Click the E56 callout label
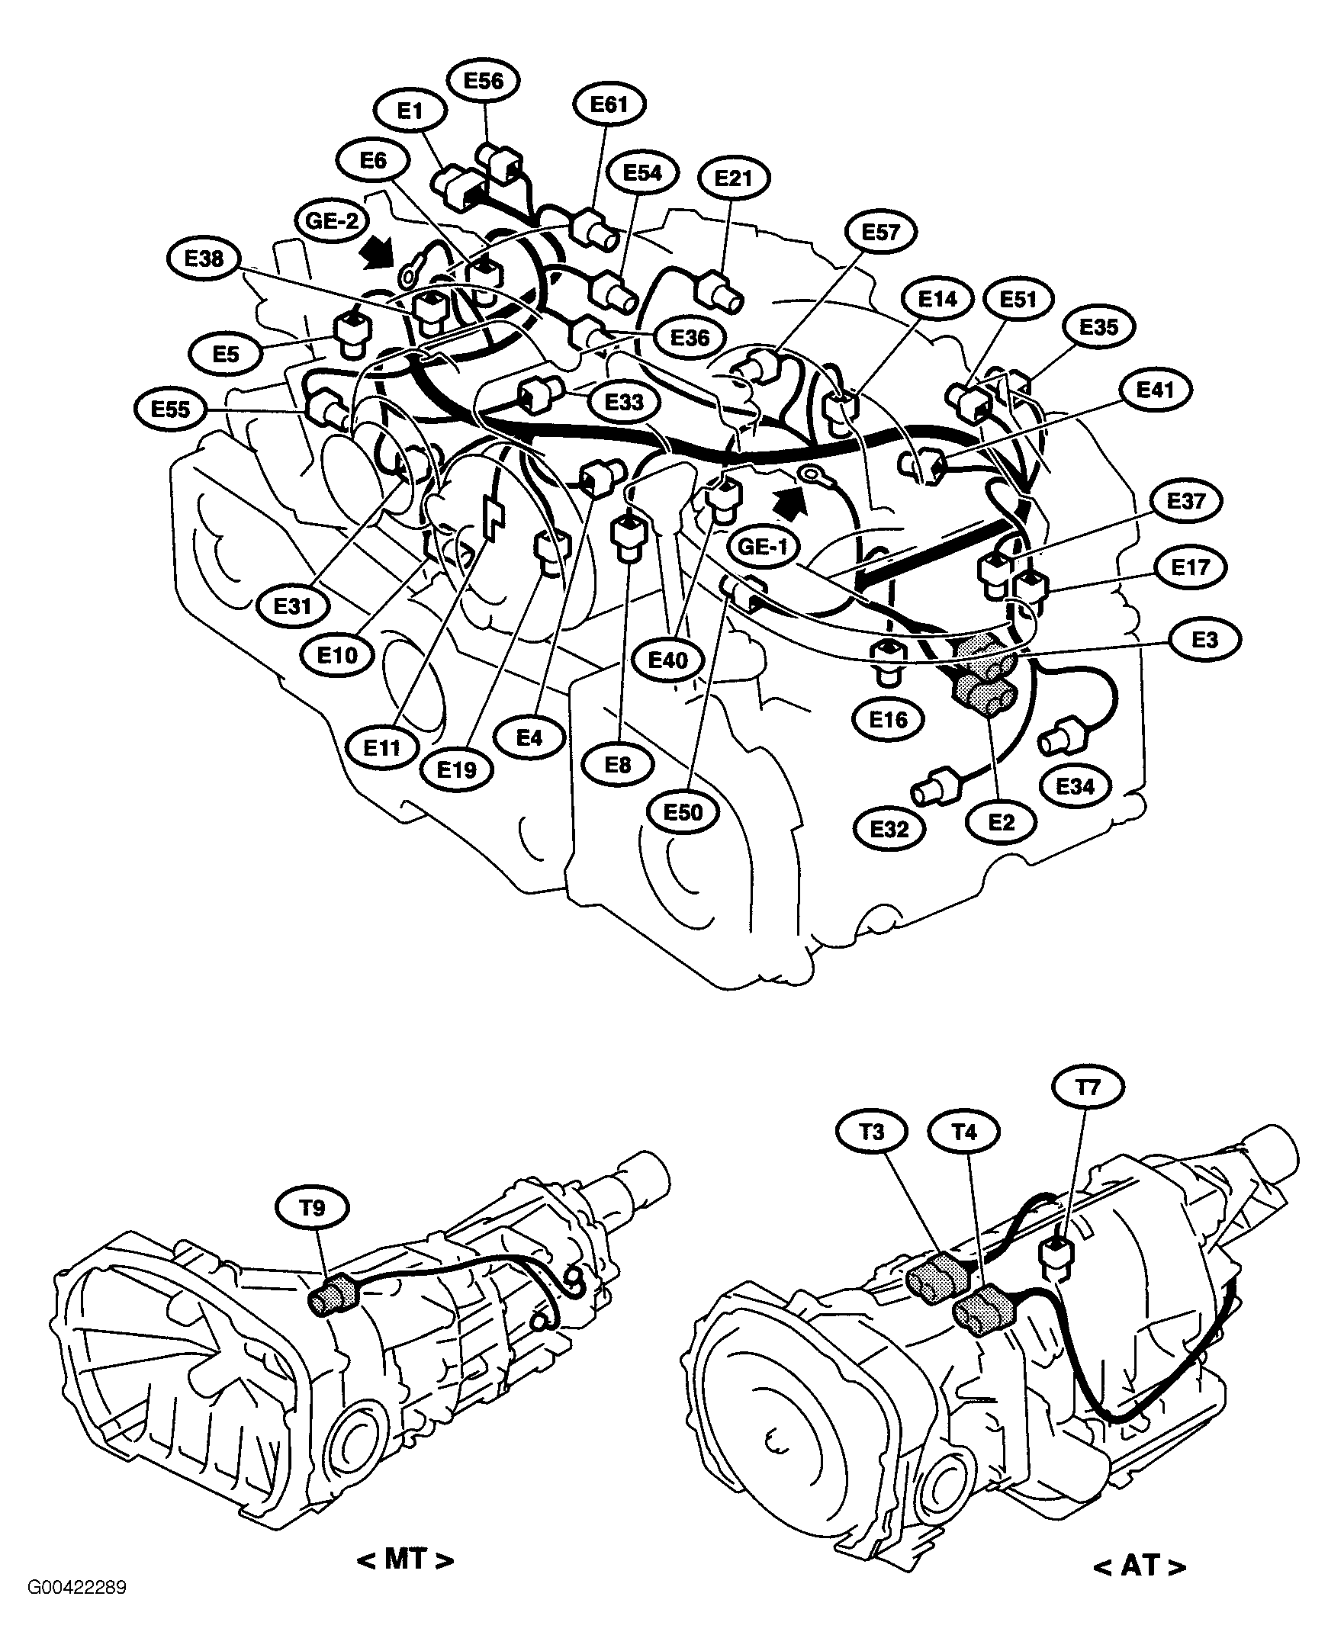click(484, 81)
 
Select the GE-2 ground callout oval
click(332, 222)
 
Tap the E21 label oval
click(734, 178)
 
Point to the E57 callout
click(880, 232)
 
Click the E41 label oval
click(1155, 390)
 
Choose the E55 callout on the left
click(170, 410)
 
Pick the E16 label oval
click(889, 720)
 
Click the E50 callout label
click(683, 811)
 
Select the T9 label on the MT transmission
click(313, 1209)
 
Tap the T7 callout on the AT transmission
click(1088, 1087)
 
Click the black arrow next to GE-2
click(376, 252)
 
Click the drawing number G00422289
click(77, 1587)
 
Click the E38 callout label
click(204, 259)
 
